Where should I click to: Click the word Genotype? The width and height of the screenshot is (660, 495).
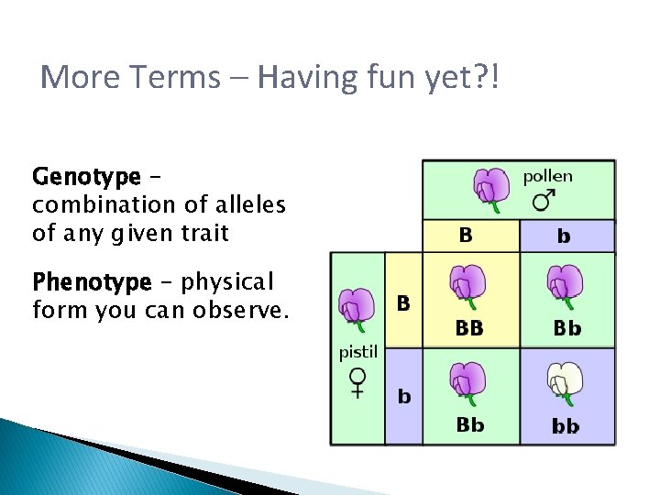coord(86,175)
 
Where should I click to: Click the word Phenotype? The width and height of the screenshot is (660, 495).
coord(91,280)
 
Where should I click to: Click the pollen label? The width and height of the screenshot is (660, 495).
coord(547,176)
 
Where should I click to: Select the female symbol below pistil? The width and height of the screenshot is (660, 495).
coord(357,380)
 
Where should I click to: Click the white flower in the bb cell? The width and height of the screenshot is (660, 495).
coord(565,383)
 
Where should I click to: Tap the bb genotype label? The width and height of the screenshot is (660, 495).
coord(566,426)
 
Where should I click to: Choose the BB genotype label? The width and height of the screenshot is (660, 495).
coord(469,327)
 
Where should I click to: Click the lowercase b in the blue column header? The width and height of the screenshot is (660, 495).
coord(564,236)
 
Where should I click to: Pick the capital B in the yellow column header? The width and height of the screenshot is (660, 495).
coord(466,236)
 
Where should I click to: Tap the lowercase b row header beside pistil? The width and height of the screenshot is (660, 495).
coord(403,397)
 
